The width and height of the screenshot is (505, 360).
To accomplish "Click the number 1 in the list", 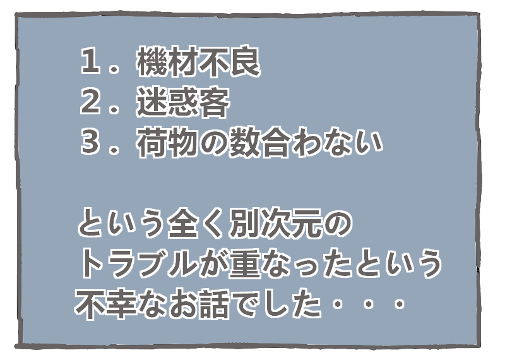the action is (92, 63).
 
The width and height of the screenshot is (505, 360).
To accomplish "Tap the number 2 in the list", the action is (92, 104).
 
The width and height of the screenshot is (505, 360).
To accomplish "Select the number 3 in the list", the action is (92, 144).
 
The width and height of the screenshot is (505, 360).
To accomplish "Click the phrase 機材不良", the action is (198, 63).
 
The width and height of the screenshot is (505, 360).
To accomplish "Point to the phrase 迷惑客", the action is (182, 104).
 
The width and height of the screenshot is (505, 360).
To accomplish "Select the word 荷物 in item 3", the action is (166, 144).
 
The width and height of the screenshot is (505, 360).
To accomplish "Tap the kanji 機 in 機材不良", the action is (151, 63).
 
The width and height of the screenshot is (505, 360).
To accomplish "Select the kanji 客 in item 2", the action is (213, 104).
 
